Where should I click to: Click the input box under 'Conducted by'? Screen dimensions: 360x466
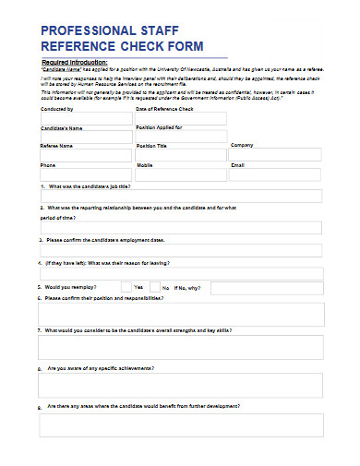[86, 118]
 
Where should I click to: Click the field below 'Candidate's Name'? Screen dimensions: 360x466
[86, 136]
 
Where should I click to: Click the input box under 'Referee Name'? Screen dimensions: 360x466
[86, 154]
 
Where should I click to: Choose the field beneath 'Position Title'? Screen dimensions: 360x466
[181, 154]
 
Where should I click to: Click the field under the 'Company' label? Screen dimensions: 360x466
[276, 154]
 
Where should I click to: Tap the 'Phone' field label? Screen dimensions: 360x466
[48, 165]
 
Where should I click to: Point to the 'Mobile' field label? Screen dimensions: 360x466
[145, 165]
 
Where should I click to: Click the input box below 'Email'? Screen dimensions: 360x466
[276, 174]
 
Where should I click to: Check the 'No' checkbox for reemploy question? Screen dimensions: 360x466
[154, 288]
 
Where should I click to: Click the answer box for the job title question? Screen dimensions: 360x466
[181, 196]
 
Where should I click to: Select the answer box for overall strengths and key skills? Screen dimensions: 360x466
[181, 347]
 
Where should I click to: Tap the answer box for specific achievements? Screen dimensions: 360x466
[181, 385]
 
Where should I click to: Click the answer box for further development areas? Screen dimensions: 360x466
[181, 424]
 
